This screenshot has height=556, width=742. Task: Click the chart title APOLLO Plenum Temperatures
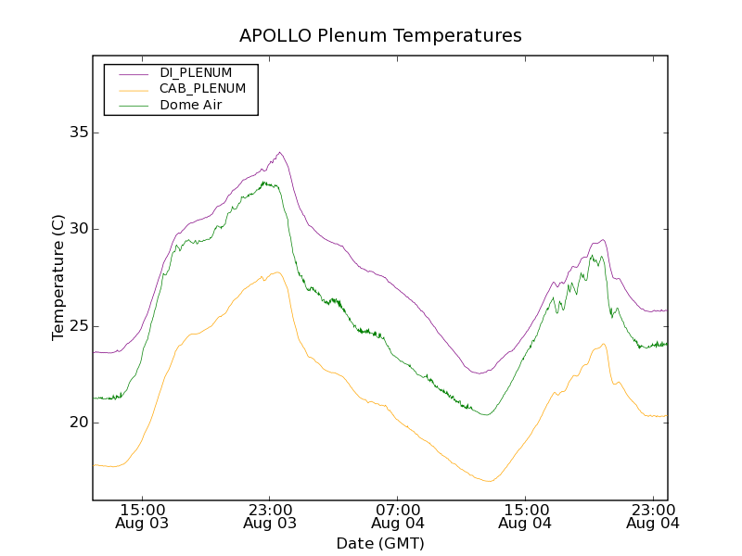(x=380, y=36)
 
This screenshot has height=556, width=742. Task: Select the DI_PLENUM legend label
(x=196, y=72)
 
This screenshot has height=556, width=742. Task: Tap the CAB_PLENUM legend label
(x=202, y=89)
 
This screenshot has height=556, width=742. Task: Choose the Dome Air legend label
(x=191, y=106)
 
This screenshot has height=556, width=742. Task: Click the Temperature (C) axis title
(x=58, y=277)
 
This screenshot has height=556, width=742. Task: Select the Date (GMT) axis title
(x=380, y=543)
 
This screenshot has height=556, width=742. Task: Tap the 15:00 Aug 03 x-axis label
(x=143, y=516)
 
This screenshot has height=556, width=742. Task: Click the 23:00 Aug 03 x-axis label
(x=270, y=516)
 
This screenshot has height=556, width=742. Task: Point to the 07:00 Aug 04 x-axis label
(x=398, y=516)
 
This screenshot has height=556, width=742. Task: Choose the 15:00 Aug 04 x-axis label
(x=526, y=516)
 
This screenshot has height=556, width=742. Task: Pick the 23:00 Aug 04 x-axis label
(x=654, y=516)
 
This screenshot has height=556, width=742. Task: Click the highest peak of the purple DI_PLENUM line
(x=279, y=152)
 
